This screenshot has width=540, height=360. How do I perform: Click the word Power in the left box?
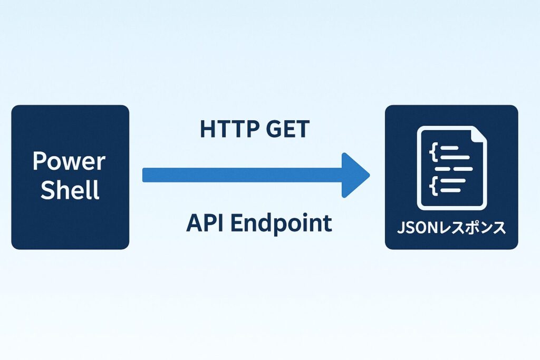[69, 161]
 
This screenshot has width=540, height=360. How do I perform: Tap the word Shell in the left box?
[70, 190]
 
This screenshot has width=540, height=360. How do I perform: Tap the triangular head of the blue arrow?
[355, 176]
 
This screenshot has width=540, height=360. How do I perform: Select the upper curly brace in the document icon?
[433, 153]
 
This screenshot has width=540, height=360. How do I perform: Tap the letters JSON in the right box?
[416, 228]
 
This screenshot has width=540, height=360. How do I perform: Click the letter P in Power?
[38, 161]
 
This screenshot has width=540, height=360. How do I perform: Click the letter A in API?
[194, 223]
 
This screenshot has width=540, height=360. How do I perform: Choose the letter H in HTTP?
[207, 129]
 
